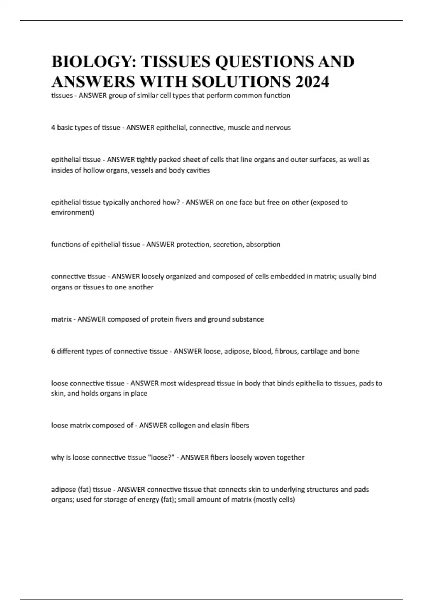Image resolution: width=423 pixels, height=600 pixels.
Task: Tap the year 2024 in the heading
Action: tap(312, 82)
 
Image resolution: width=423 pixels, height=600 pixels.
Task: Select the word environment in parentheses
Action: tap(72, 212)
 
